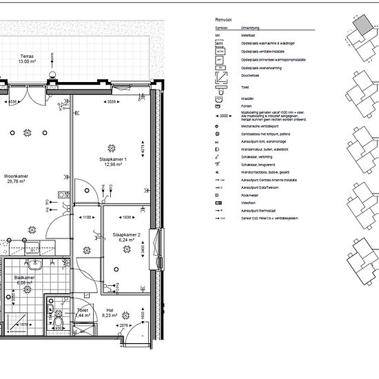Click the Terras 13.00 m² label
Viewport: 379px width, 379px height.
[x=28, y=59]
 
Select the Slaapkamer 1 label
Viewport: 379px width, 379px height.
[x=112, y=162]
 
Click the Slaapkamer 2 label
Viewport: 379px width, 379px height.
[x=126, y=238]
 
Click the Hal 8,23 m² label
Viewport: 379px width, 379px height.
[x=110, y=312]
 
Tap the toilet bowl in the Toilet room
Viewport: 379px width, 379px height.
[x=60, y=323]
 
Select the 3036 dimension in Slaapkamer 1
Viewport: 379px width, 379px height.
[x=111, y=102]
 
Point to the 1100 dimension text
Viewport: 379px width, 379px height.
[x=87, y=217]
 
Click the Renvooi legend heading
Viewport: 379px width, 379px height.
[x=223, y=21]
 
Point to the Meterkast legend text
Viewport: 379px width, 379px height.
[x=248, y=34]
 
